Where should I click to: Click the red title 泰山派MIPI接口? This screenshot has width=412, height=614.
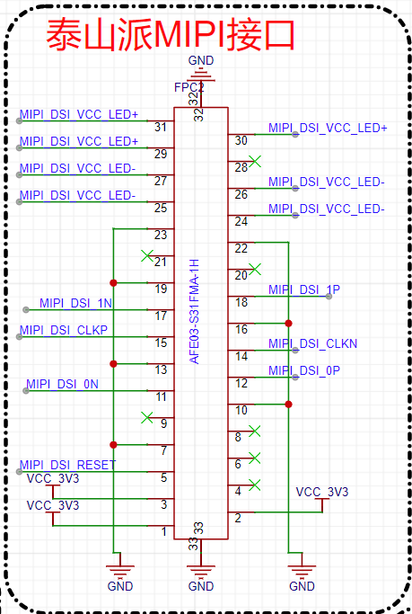pyautogui.click(x=170, y=34)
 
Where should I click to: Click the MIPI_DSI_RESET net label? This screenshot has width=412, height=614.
pyautogui.click(x=67, y=465)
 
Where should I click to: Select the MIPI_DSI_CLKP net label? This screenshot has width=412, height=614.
pyautogui.click(x=64, y=330)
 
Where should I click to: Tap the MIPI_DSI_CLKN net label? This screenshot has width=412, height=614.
pyautogui.click(x=312, y=343)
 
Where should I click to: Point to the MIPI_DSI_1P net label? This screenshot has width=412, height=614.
pyautogui.click(x=304, y=289)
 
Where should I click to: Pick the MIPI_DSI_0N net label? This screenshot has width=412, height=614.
pyautogui.click(x=62, y=384)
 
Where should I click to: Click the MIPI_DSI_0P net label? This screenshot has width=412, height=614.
pyautogui.click(x=304, y=370)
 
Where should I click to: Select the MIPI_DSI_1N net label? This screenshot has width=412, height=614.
pyautogui.click(x=75, y=303)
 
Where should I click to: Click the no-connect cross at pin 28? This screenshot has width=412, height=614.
pyautogui.click(x=255, y=161)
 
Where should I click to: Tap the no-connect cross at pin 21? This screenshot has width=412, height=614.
pyautogui.click(x=147, y=256)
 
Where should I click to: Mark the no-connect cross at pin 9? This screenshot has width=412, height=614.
pyautogui.click(x=147, y=417)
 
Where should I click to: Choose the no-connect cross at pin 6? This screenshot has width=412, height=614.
pyautogui.click(x=255, y=458)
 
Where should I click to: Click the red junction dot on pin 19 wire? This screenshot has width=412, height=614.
pyautogui.click(x=113, y=282)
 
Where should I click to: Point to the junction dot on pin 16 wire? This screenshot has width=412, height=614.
pyautogui.click(x=288, y=324)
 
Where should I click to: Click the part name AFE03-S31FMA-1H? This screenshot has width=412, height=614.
pyautogui.click(x=194, y=311)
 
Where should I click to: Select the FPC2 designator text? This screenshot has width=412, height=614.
pyautogui.click(x=189, y=87)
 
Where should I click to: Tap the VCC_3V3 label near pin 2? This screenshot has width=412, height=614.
pyautogui.click(x=322, y=492)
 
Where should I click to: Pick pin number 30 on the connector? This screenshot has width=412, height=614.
pyautogui.click(x=241, y=140)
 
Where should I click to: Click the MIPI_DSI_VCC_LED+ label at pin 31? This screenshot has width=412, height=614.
pyautogui.click(x=79, y=114)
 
